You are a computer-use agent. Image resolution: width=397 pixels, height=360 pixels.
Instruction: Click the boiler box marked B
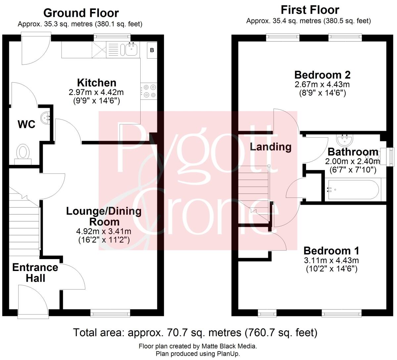click(x=152, y=50)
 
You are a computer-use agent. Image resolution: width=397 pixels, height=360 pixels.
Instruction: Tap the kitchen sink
click(x=131, y=50)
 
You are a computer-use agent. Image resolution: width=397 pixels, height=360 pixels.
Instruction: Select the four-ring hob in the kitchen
click(x=149, y=91)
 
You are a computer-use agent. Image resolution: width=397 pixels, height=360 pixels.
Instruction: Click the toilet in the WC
click(x=23, y=154)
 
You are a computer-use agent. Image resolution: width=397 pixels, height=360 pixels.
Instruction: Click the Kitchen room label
click(x=96, y=83)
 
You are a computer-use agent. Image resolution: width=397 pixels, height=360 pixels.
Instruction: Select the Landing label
click(x=270, y=147)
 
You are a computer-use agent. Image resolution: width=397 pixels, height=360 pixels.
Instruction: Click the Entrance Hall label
click(x=35, y=273)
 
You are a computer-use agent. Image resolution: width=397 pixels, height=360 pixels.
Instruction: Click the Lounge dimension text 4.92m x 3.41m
click(x=104, y=231)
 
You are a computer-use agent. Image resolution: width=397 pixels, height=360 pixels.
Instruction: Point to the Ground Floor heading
click(x=81, y=13)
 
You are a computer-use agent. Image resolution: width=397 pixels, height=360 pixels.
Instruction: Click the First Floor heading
click(x=310, y=10)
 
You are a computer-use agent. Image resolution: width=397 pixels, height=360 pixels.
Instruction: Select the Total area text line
click(x=195, y=332)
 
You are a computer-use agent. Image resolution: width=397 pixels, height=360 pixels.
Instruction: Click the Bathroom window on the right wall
click(x=388, y=157)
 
